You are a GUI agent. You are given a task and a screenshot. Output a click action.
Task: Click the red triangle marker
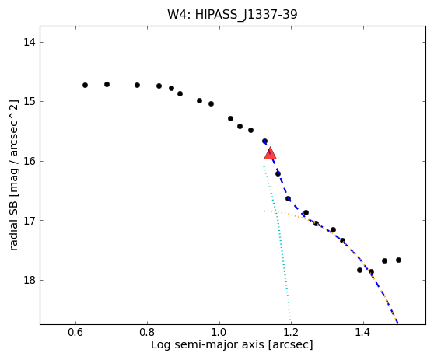[x=270, y=154]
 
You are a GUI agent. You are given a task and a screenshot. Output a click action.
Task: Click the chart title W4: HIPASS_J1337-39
[x=233, y=15]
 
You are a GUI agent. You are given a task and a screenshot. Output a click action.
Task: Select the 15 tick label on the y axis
[x=30, y=101]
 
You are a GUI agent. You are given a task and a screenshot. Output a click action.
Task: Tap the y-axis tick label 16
[x=30, y=161]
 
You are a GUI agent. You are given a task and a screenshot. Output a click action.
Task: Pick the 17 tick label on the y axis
[x=30, y=221]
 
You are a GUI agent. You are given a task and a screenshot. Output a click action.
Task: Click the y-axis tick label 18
[x=30, y=280]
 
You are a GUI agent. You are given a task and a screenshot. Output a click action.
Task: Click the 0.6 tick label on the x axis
[x=75, y=332]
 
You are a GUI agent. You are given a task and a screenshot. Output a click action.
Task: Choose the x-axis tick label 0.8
[x=147, y=332]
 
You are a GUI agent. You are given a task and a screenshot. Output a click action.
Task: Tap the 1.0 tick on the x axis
[x=219, y=332]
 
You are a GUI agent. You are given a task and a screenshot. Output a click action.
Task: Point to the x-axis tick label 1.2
[x=291, y=332]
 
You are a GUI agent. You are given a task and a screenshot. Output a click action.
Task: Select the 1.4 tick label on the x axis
[x=363, y=332]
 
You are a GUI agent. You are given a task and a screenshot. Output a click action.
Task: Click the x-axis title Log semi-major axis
[x=208, y=345]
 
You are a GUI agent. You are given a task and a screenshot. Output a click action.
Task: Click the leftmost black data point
[x=86, y=85]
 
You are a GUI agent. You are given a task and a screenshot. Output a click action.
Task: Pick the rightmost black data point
[x=398, y=260]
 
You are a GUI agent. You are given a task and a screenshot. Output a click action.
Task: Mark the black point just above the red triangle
[x=264, y=141]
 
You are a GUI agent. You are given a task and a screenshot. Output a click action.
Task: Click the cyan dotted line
[x=278, y=243]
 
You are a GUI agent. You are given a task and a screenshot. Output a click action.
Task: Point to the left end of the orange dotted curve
[x=264, y=211]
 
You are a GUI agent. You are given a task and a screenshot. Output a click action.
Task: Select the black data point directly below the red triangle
[x=278, y=173]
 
